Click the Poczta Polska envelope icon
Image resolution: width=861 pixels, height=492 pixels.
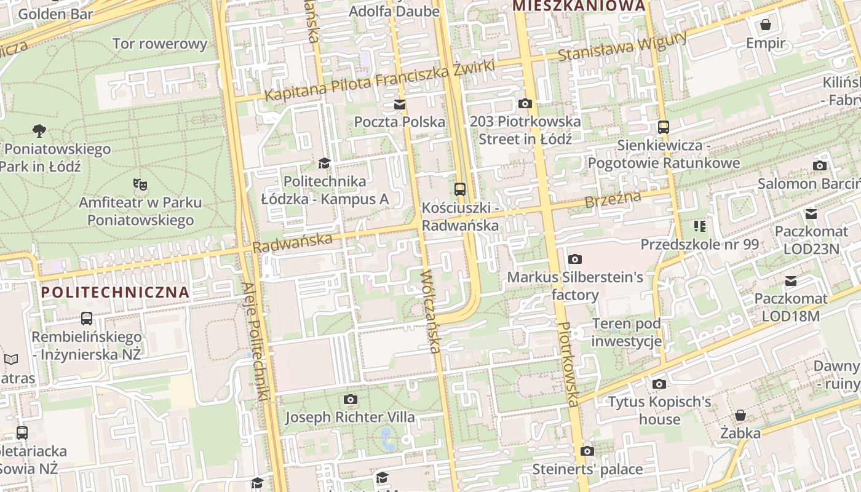pyautogui.click(x=400, y=105)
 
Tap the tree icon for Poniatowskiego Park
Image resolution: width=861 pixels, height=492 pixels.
pyautogui.click(x=39, y=130)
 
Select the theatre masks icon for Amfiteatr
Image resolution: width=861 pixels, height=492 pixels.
pyautogui.click(x=140, y=184)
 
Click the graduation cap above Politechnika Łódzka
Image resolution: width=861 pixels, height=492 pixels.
pyautogui.click(x=324, y=163)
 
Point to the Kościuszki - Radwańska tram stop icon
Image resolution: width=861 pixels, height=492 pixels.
pyautogui.click(x=460, y=189)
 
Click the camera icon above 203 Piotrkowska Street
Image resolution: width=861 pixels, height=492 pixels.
pyautogui.click(x=525, y=103)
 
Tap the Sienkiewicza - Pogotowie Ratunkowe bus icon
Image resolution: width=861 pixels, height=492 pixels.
pyautogui.click(x=663, y=127)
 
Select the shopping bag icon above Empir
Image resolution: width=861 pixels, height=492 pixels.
pyautogui.click(x=766, y=25)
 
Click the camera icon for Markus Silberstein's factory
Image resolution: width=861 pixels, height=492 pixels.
pyautogui.click(x=575, y=259)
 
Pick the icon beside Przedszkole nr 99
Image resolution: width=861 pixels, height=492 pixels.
pyautogui.click(x=699, y=226)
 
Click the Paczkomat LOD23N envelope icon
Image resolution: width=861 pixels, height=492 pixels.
pyautogui.click(x=811, y=214)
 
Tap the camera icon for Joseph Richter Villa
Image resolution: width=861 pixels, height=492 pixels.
pyautogui.click(x=350, y=399)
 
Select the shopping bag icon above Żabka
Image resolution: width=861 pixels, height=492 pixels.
pyautogui.click(x=740, y=415)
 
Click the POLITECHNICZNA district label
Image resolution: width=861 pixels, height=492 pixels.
pyautogui.click(x=115, y=292)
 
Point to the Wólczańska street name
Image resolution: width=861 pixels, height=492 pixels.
pyautogui.click(x=430, y=311)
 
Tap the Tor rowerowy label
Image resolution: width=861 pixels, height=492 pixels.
pyautogui.click(x=160, y=44)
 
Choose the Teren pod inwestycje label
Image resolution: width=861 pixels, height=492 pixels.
pyautogui.click(x=626, y=332)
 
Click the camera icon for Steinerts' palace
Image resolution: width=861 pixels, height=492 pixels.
pyautogui.click(x=587, y=451)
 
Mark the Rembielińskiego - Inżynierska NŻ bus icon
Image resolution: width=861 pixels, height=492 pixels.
pyautogui.click(x=87, y=319)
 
